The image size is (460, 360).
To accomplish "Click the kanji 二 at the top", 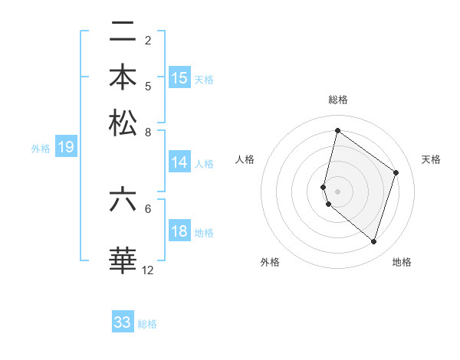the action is [123, 32].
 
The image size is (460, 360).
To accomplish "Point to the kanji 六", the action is [123, 201].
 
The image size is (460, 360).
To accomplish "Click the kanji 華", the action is [123, 260].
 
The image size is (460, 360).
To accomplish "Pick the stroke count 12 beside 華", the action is [148, 270].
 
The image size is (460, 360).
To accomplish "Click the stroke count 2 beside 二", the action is [148, 40].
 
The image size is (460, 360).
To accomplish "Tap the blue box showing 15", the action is [179, 77].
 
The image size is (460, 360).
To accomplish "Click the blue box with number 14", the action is [179, 162].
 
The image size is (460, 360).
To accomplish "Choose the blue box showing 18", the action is [179, 231].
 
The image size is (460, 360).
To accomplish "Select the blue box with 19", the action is [65, 147].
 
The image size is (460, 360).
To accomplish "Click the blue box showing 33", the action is [123, 322].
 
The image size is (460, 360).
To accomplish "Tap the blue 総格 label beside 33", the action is [147, 324].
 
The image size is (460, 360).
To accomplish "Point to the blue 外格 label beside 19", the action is [40, 149].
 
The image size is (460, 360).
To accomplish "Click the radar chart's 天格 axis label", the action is [431, 159].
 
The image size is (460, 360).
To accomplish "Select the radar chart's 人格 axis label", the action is [245, 159].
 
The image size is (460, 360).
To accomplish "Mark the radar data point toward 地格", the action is [373, 242].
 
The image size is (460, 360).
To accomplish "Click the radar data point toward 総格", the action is [337, 131].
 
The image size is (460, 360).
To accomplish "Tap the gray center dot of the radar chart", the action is [337, 191].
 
